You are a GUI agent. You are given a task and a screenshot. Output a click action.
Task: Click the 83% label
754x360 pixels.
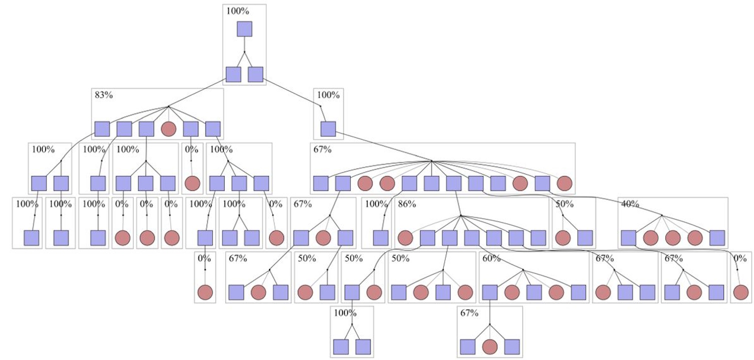[104, 95]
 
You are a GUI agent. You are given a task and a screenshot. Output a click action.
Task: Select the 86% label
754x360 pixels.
[407, 204]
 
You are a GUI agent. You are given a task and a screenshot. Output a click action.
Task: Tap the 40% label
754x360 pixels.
[630, 204]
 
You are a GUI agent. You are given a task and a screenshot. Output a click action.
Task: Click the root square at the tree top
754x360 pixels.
[244, 29]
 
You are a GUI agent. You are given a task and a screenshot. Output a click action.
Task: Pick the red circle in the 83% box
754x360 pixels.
[169, 129]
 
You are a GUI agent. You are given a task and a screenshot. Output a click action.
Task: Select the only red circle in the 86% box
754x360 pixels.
[405, 238]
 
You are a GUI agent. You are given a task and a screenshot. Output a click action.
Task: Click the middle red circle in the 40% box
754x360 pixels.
[672, 238]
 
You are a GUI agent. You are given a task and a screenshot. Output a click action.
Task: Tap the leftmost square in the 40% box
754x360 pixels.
[628, 238]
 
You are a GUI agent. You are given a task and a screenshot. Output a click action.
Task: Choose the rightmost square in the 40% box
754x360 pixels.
[717, 238]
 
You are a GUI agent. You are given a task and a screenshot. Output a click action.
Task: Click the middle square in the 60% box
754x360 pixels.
[534, 292]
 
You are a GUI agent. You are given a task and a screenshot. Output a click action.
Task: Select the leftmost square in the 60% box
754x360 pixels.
[490, 292]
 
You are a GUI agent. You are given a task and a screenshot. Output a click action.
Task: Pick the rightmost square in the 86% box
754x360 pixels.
[538, 238]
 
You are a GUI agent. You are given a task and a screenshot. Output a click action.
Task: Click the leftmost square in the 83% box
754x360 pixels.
[102, 129]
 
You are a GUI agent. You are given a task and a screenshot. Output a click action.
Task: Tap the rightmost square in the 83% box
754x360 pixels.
[213, 129]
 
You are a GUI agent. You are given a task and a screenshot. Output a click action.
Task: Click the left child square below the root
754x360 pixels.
[233, 74]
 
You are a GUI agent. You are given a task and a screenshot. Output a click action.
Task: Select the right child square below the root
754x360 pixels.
[255, 74]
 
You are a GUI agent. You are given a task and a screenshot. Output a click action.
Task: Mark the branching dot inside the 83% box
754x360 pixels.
[168, 106]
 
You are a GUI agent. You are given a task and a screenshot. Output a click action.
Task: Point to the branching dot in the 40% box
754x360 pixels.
[662, 215]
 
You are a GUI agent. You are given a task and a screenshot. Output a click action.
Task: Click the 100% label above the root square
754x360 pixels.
[238, 11]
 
